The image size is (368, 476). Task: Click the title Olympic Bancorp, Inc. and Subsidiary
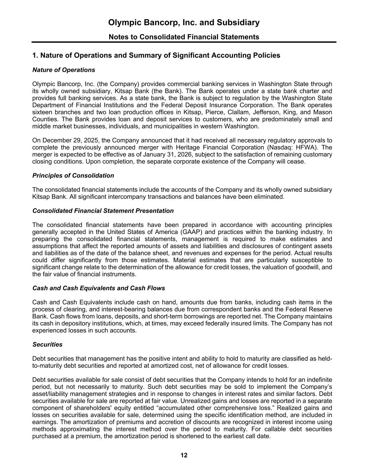click(x=184, y=23)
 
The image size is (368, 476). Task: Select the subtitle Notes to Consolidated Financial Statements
click(x=184, y=37)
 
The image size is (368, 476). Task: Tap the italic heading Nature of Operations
click(x=63, y=70)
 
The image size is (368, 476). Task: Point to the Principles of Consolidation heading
click(x=73, y=176)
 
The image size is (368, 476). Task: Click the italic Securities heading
click(x=47, y=345)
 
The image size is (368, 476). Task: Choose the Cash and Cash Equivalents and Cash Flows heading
click(x=99, y=288)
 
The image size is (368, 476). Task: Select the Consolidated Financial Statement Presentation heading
click(x=103, y=211)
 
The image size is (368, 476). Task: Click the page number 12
click(x=184, y=455)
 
